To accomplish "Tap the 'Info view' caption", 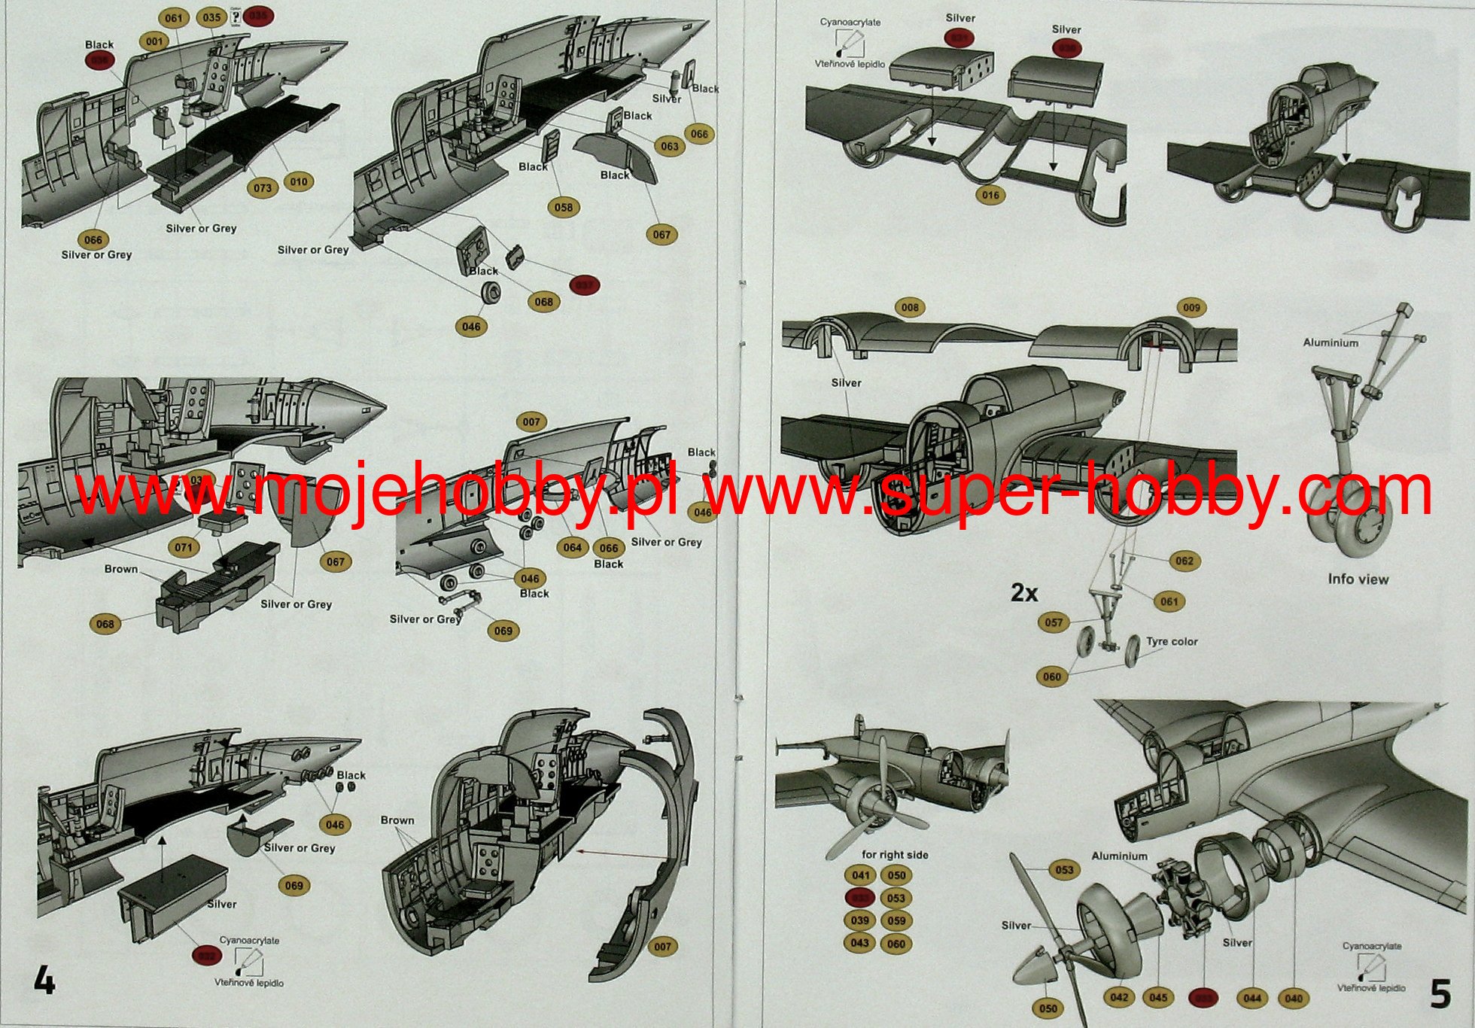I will [1358, 579].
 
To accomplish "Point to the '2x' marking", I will [1023, 593].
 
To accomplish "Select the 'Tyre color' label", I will [1172, 642].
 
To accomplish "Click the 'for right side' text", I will [895, 855].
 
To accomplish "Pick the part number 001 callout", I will [154, 41].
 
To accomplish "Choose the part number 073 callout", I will [263, 187].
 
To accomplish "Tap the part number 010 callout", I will [299, 181].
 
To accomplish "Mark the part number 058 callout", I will [563, 207].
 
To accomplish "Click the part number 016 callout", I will [990, 195].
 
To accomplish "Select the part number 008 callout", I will [910, 307].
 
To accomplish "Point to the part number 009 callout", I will [1191, 307].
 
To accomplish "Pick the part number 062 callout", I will [1184, 561].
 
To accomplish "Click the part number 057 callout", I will [1054, 622].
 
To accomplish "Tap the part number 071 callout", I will [184, 547].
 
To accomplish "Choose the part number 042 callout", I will [1119, 997].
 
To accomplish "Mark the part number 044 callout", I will [1252, 998].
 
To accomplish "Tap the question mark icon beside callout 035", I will [236, 17].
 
